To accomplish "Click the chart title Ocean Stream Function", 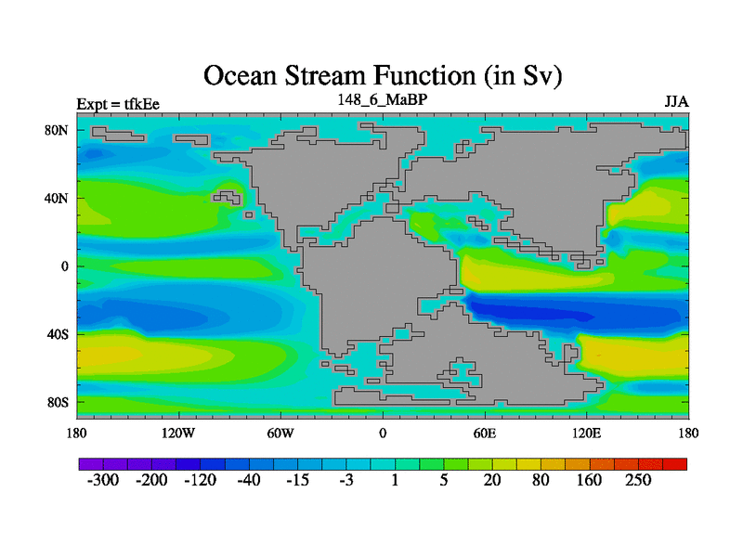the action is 383,76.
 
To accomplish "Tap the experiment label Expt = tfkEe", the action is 118,104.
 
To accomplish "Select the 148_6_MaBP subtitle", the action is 383,99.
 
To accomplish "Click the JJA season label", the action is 677,102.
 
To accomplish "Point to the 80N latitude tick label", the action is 57,130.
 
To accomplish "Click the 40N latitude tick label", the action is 57,198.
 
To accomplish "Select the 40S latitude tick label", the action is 58,334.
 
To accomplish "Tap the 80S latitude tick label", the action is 58,402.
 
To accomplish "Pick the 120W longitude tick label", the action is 178,433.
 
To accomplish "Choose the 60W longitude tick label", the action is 280,433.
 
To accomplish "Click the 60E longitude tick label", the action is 484,433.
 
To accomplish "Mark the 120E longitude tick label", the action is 586,433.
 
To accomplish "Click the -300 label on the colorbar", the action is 103,480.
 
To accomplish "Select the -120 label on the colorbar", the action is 200,480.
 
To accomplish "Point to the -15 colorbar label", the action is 297,480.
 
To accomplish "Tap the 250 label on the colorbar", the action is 638,480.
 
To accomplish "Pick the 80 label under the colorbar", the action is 541,480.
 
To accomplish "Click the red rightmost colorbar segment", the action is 675,464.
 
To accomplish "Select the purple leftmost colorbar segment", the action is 91,464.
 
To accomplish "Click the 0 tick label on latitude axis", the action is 64,266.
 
